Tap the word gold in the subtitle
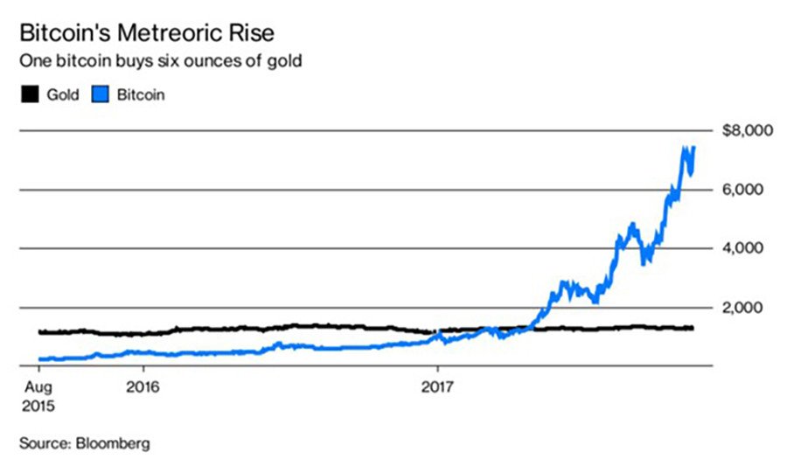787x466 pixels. pos(286,62)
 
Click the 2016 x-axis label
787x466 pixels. pos(142,385)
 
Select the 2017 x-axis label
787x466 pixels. pos(436,385)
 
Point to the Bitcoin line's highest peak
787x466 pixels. pos(685,148)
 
